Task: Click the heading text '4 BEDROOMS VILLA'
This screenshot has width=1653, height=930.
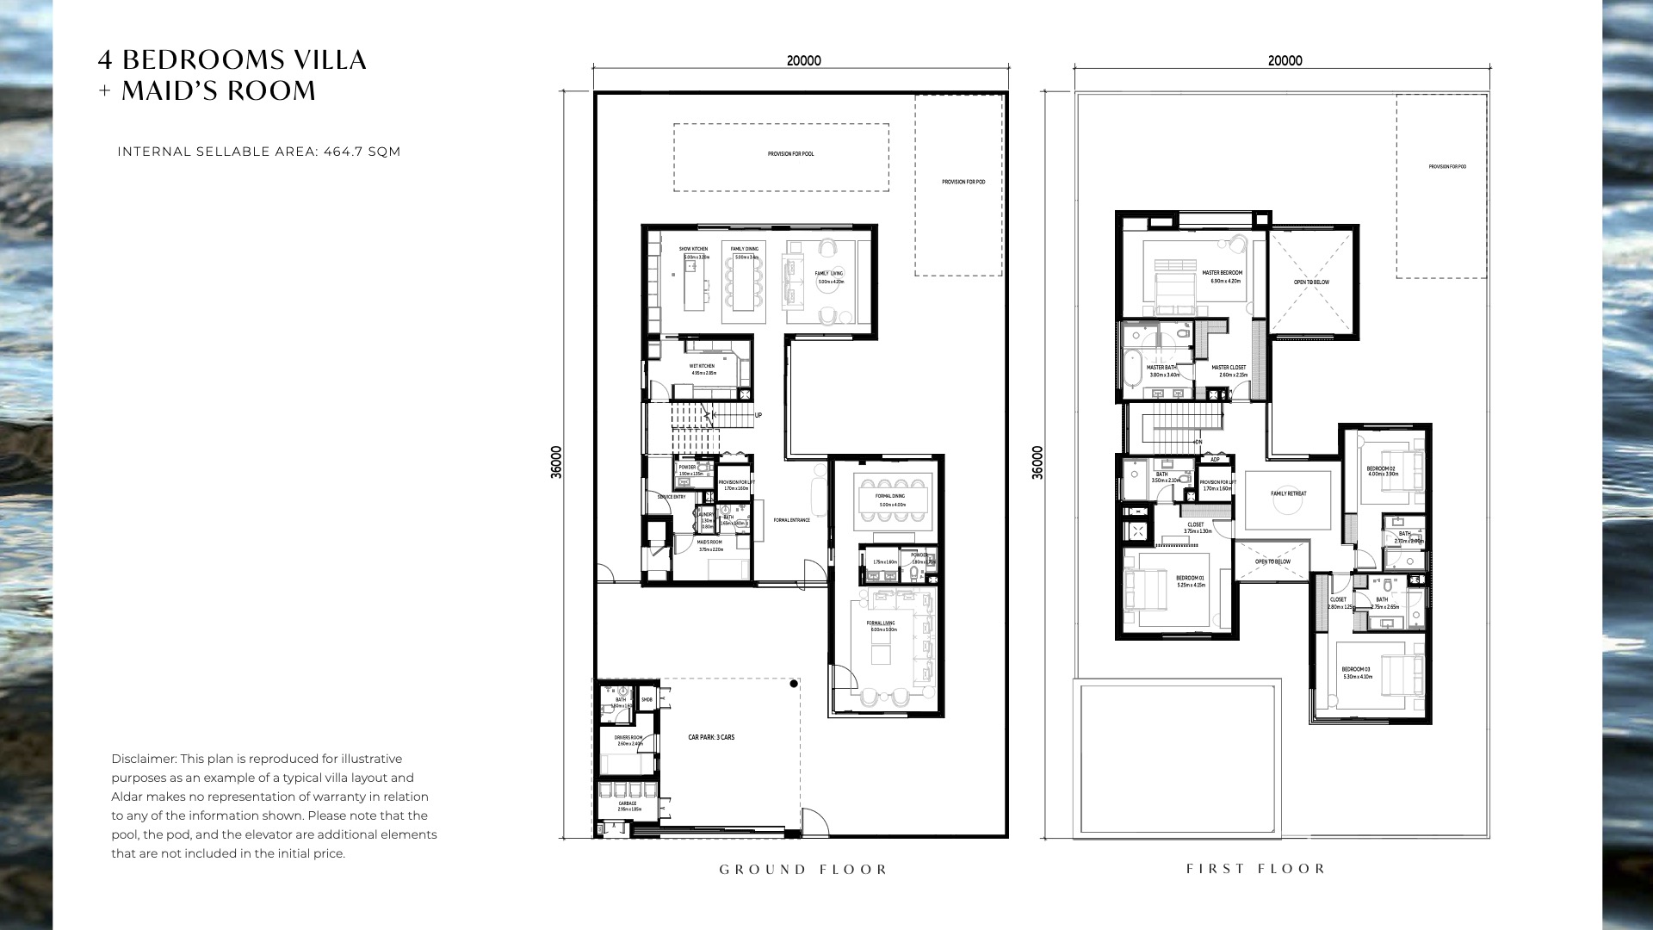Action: coord(232,60)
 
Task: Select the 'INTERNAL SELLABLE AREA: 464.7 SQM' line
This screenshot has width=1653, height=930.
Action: coord(258,152)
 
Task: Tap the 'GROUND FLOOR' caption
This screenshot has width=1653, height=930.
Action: coord(803,870)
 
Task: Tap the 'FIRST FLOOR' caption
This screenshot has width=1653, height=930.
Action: coord(1256,869)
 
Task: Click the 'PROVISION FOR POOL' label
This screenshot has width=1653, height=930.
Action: coord(790,154)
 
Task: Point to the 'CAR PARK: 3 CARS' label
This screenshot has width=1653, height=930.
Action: coord(711,738)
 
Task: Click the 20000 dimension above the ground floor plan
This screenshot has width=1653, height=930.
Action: coord(803,61)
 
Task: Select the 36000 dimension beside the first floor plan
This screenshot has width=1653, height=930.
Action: coord(1037,462)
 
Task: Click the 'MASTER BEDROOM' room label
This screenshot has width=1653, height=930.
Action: coord(1222,273)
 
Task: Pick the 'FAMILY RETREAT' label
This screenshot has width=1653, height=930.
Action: coord(1288,494)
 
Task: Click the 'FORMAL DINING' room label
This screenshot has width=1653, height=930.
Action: coord(890,497)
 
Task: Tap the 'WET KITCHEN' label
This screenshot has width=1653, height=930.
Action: coord(702,366)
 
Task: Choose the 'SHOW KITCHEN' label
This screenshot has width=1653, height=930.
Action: coord(693,249)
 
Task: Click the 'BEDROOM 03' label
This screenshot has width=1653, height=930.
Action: coord(1355,669)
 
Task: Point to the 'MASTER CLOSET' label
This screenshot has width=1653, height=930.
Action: coord(1229,368)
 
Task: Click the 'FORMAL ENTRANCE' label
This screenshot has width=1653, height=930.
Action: coord(791,520)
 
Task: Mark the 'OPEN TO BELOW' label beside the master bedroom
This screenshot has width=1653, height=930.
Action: coord(1311,282)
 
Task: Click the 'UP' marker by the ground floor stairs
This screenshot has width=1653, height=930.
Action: coord(758,415)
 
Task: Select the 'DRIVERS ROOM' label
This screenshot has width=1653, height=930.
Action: coord(628,738)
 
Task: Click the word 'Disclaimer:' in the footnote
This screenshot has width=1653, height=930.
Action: coord(145,759)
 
